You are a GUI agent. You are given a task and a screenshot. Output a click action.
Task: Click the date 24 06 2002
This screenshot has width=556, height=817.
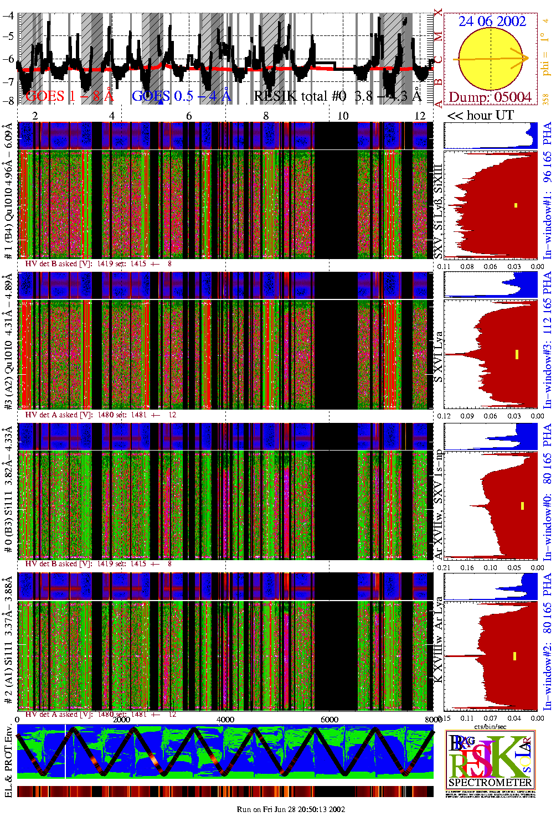point(492,22)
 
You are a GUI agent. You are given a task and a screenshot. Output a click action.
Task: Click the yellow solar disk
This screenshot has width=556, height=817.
point(491,59)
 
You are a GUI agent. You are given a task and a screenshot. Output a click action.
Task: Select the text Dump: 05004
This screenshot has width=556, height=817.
point(490,97)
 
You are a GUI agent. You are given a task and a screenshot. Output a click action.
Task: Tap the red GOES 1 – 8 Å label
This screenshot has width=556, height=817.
point(69,96)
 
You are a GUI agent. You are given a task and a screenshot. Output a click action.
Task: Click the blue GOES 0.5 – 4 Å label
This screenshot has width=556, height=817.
point(181,96)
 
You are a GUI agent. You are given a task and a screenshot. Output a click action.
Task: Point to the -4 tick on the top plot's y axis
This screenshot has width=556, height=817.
point(8,15)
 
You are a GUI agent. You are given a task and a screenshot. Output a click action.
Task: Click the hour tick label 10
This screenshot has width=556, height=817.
point(343,115)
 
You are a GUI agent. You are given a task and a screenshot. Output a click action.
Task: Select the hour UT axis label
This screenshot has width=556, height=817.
point(481,115)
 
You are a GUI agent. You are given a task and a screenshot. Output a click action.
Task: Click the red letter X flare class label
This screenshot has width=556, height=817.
point(439,12)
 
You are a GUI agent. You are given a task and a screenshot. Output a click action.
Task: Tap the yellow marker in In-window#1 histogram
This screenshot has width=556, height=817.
point(516,205)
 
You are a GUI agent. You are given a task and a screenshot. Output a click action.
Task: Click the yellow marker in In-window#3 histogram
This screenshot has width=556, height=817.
point(517,354)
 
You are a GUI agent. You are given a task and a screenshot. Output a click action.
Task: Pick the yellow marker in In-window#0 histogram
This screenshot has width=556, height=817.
point(522,505)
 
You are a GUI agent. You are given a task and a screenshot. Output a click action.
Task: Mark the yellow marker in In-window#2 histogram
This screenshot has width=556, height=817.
point(514,656)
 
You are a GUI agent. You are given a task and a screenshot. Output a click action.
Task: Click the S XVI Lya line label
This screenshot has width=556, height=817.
point(438,358)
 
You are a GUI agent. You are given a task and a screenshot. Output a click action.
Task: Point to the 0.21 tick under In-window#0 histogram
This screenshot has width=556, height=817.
point(444,567)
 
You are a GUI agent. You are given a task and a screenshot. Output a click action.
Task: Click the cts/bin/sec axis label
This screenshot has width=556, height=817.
point(490,726)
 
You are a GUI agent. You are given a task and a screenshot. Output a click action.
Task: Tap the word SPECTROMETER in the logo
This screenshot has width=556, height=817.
point(490,782)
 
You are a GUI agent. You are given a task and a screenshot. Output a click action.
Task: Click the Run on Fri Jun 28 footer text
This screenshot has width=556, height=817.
point(291,809)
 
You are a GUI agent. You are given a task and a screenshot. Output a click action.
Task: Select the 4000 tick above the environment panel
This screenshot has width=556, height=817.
point(225,720)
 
